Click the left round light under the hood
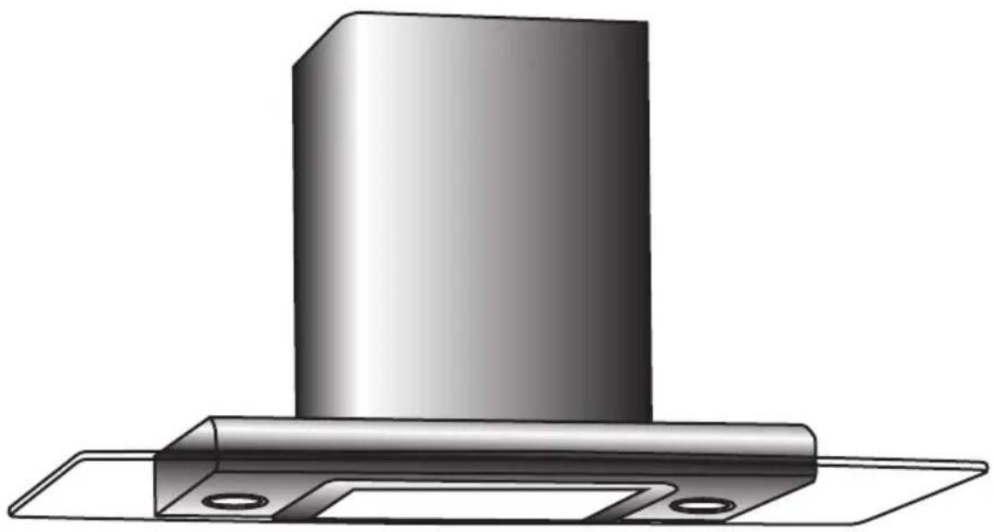[x=225, y=500]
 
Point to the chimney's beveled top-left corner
[x=317, y=38]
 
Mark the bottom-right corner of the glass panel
[x=862, y=523]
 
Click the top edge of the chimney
[x=495, y=17]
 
